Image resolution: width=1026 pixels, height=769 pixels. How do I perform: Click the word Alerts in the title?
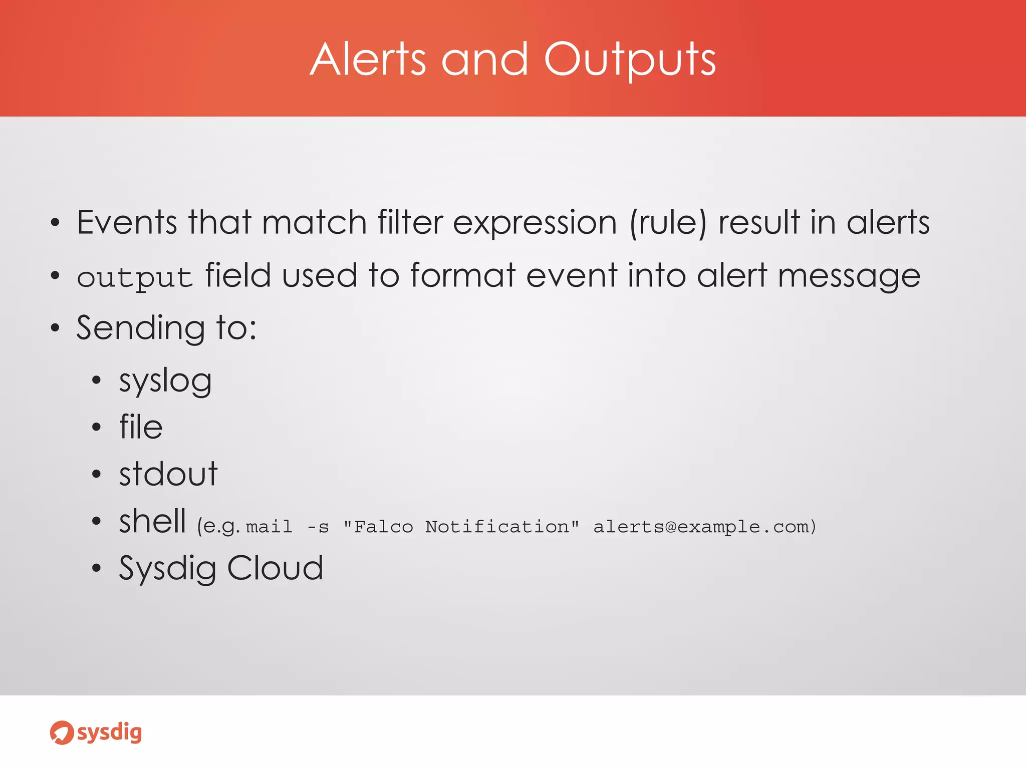[x=368, y=60]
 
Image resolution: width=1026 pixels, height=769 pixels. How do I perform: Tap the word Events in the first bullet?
[x=127, y=222]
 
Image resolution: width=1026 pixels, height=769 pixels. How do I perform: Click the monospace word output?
[x=135, y=278]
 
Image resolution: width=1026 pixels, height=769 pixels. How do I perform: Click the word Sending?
[x=140, y=328]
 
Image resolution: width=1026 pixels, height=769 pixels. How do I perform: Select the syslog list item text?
[x=165, y=381]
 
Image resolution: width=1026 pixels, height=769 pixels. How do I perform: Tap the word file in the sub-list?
[x=141, y=427]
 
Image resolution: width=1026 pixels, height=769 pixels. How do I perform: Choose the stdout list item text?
[x=168, y=474]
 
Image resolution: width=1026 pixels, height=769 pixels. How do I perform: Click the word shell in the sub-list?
[x=152, y=521]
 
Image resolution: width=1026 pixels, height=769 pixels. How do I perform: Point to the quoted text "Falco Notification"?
[x=461, y=527]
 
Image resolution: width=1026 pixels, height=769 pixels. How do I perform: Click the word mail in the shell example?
[x=269, y=527]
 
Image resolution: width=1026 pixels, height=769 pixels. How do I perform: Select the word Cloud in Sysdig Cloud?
[x=275, y=568]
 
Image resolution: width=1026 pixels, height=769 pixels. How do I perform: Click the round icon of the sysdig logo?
[x=62, y=733]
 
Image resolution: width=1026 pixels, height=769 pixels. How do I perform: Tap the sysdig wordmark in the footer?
[x=109, y=733]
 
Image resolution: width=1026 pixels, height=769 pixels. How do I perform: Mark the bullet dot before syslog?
[x=97, y=380]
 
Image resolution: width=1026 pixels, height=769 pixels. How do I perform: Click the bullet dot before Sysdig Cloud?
[x=97, y=568]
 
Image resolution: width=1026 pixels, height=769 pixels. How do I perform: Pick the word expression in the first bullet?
[x=535, y=223]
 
